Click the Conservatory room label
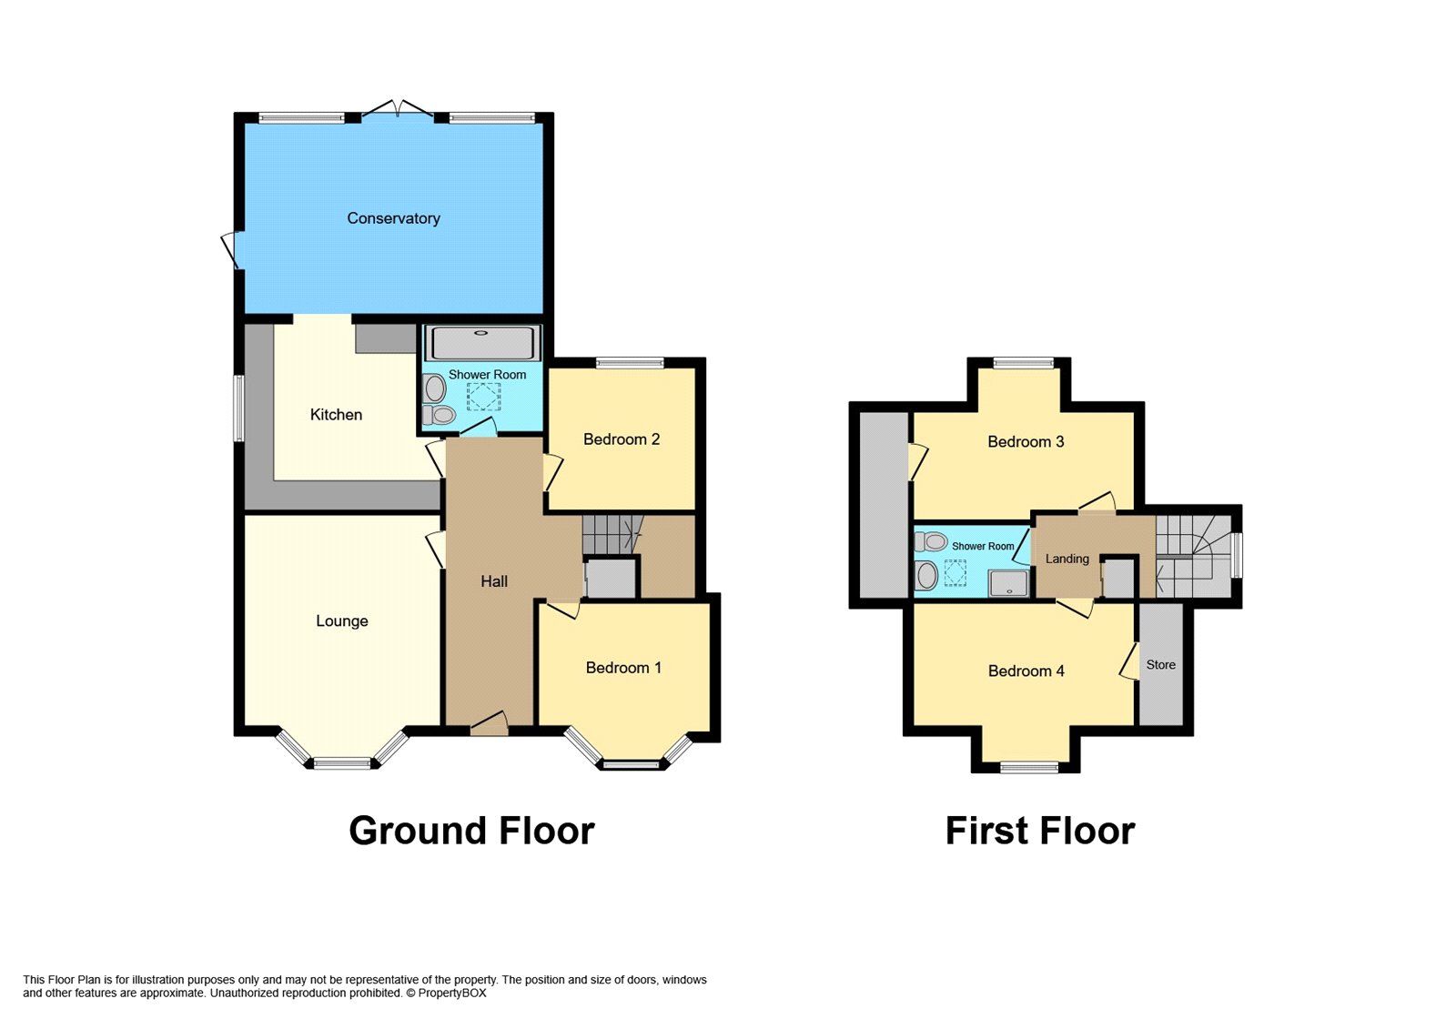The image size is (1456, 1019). (x=393, y=218)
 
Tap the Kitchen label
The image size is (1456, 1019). (x=336, y=415)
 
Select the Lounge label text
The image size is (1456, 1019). (x=342, y=621)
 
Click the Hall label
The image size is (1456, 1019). (x=494, y=581)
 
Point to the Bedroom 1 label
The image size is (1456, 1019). (x=623, y=668)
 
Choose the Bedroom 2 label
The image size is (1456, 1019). (x=622, y=439)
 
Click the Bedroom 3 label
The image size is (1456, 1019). (x=1026, y=442)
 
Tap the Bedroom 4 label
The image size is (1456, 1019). (x=1026, y=671)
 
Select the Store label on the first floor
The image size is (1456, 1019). (x=1160, y=665)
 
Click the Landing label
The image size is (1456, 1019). (x=1067, y=559)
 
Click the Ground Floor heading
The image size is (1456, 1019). (x=471, y=831)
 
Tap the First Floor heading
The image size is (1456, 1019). (x=1039, y=831)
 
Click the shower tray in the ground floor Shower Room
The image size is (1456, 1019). (x=485, y=343)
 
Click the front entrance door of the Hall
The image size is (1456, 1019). (x=489, y=724)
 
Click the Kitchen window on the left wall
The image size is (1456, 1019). (x=238, y=409)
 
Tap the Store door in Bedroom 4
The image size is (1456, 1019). (x=1130, y=661)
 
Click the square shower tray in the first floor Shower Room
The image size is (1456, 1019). (x=1008, y=583)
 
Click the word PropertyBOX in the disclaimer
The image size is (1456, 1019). (x=452, y=994)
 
